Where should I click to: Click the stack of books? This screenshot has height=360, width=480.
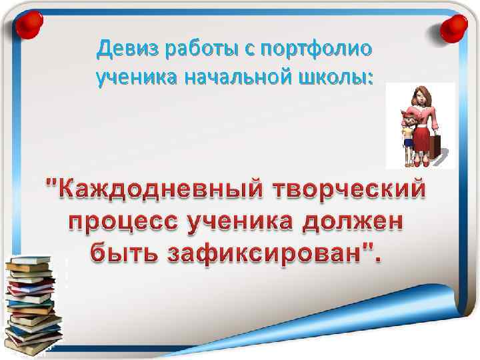pos(32,303)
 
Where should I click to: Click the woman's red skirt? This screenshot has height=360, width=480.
pos(423,140)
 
